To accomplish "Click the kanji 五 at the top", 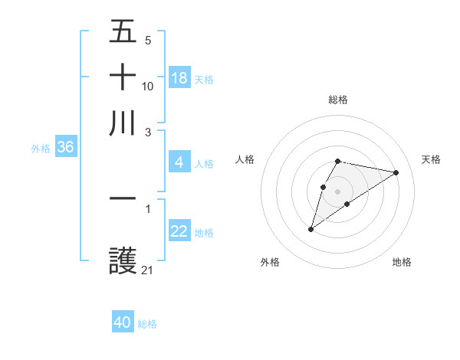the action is coord(123,33).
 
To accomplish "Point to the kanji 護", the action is coord(123,262).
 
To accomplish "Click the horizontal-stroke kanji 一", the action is coord(123,198).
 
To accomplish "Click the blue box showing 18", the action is coord(179,78).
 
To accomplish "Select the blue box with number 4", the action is coord(179,162).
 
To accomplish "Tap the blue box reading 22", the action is coord(179,231).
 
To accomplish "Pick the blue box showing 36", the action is coord(65,148).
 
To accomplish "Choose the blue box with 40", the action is coord(123,322).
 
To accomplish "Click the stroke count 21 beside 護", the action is coord(148,270).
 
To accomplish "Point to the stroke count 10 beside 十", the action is coord(148,86).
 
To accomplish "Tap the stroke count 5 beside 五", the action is coord(148,41).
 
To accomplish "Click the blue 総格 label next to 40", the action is coord(147,324).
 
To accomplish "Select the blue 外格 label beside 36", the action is coord(41,149).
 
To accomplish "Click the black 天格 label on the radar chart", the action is coord(431,159).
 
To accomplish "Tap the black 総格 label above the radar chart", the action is coord(338,100).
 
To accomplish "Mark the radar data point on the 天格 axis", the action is coord(396,172).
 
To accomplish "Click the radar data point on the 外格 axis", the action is coord(310,229).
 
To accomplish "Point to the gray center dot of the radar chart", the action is coord(338,191).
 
